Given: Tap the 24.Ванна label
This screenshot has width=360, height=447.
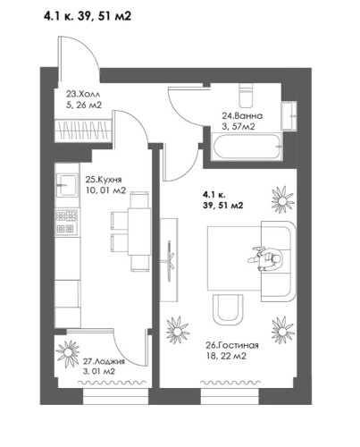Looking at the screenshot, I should point(242,114).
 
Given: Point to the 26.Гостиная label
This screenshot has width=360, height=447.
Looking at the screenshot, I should point(230,344).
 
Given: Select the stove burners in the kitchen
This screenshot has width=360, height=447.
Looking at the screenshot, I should point(65,219).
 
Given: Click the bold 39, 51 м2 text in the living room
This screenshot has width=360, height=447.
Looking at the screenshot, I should point(223,206).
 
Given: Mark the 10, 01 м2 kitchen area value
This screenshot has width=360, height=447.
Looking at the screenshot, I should point(105,189).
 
